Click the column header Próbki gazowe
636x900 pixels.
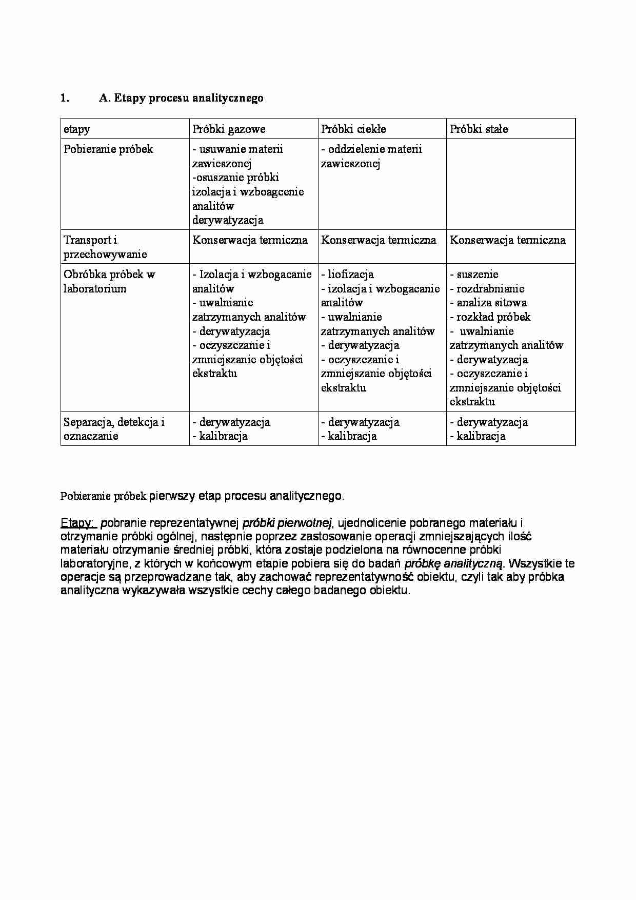(229, 129)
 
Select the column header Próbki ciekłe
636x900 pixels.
(353, 129)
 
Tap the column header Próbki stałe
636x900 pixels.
(479, 129)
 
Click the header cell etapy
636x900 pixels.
(76, 129)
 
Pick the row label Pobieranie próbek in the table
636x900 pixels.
(108, 149)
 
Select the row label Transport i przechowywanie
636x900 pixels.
(105, 247)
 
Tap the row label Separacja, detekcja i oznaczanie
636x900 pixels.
(114, 429)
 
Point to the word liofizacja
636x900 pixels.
(350, 275)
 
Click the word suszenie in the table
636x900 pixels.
(477, 275)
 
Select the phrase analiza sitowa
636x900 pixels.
(491, 303)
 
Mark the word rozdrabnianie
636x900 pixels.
(490, 289)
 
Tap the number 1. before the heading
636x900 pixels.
(65, 98)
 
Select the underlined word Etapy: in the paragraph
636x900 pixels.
(77, 523)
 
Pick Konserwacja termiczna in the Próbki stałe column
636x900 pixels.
(507, 240)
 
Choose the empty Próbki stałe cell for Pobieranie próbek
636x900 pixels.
(510, 184)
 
